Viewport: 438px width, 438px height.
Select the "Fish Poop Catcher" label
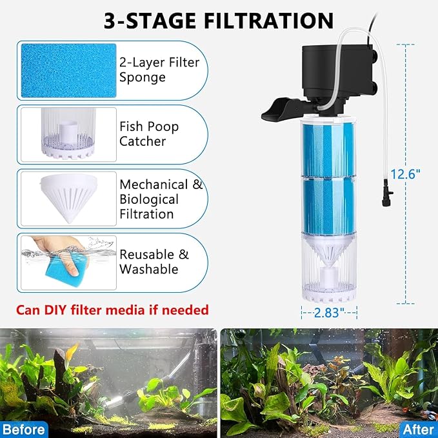tap(149, 134)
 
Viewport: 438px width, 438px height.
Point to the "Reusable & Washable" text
tap(154, 261)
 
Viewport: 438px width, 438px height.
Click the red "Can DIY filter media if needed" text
tap(112, 310)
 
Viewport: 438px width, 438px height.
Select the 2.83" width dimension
tap(330, 312)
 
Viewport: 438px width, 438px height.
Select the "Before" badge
tap(23, 428)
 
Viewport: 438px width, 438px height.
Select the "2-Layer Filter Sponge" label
tap(159, 70)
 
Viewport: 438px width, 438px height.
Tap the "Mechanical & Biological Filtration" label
tap(161, 199)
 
